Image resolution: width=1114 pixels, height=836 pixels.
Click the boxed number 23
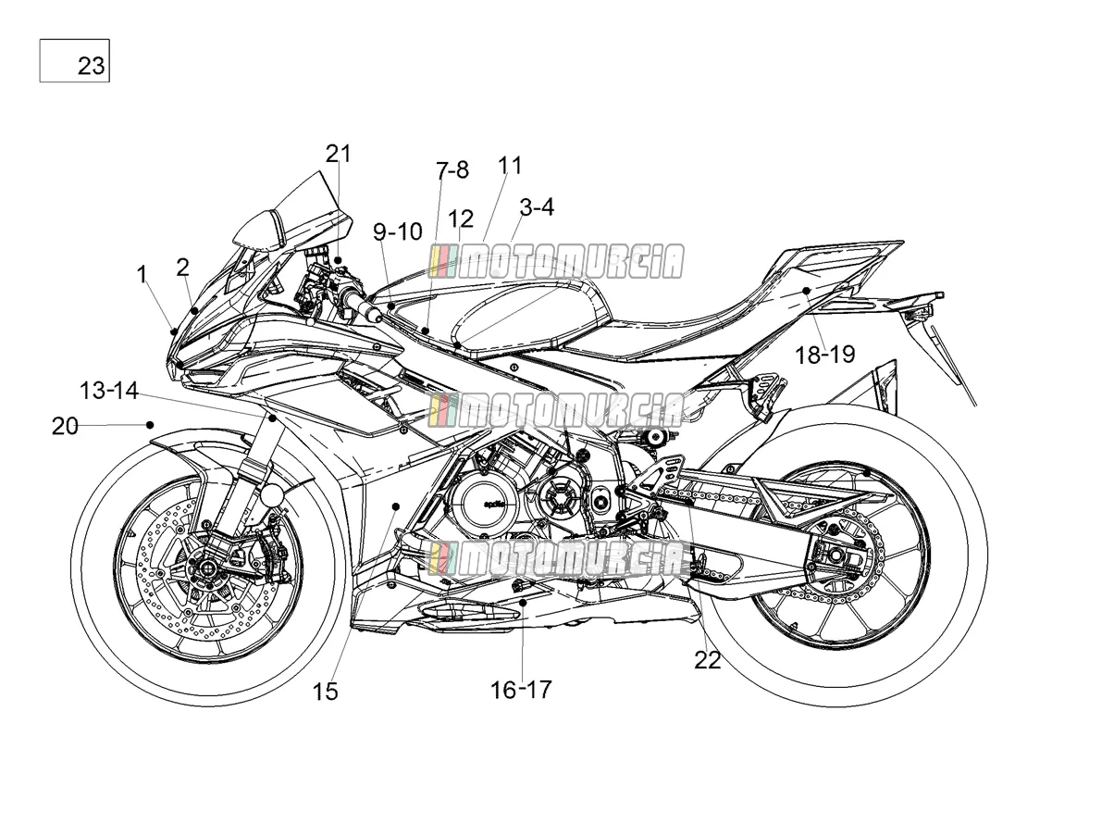click(92, 66)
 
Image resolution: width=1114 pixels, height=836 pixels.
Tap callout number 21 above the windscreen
click(338, 154)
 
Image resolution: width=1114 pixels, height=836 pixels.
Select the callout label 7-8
click(452, 170)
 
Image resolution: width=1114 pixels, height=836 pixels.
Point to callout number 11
click(510, 166)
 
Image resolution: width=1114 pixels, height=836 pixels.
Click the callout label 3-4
click(537, 207)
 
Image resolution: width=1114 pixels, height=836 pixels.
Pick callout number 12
click(461, 218)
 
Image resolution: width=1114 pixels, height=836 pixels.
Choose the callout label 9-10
click(398, 232)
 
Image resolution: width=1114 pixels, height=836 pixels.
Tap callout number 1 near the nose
click(142, 275)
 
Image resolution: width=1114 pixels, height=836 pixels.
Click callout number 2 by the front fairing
click(182, 268)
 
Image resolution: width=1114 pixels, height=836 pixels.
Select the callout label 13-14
click(109, 391)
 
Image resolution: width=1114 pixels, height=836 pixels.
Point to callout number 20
click(65, 427)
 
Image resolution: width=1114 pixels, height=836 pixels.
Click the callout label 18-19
click(824, 355)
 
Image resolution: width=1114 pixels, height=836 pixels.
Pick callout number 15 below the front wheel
click(325, 691)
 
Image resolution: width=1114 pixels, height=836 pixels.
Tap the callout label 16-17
click(521, 690)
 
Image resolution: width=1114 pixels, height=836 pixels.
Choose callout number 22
click(708, 660)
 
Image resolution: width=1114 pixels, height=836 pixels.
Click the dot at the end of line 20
click(150, 425)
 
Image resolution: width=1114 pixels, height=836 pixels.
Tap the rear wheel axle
click(835, 555)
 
